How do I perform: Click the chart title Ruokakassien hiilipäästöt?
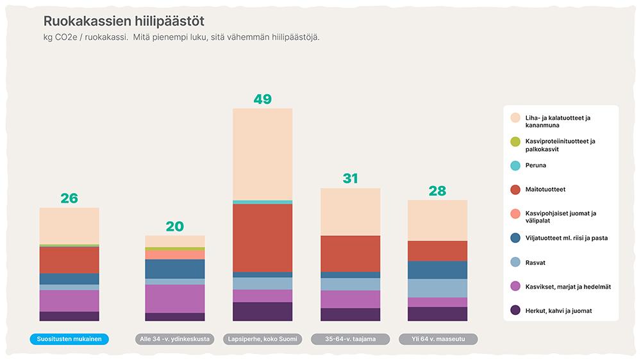point(124,21)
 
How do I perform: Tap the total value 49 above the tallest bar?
point(262,99)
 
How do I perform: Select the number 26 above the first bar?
point(69,199)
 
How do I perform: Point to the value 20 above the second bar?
point(174,226)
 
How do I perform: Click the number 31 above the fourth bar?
point(350,179)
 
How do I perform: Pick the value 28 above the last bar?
point(437,191)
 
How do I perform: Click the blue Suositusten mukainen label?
point(69,339)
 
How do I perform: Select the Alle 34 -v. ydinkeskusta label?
point(175,339)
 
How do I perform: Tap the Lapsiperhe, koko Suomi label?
point(263,339)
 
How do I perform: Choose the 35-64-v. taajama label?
point(350,339)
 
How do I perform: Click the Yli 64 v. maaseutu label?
point(437,339)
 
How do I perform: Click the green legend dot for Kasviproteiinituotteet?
point(515,142)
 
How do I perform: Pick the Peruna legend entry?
point(536,165)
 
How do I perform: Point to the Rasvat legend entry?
point(536,262)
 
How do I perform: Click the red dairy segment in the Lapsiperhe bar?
point(262,237)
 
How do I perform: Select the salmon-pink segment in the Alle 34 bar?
point(175,255)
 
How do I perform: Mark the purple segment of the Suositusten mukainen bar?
point(69,301)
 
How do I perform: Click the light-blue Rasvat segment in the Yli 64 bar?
point(437,288)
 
